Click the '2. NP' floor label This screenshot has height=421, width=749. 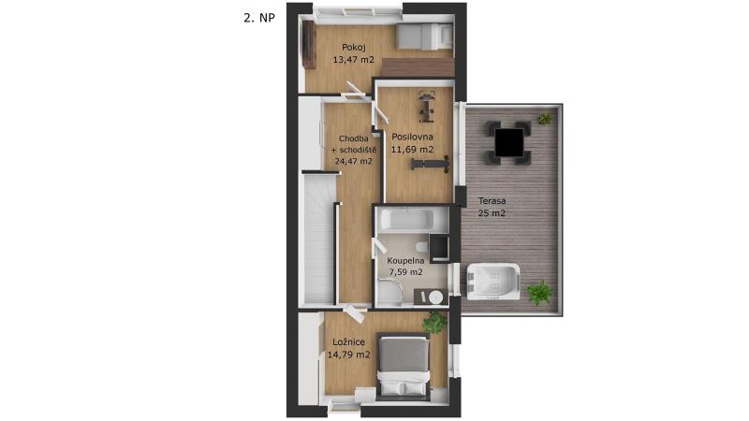[x=259, y=18]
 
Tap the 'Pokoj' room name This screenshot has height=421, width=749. [x=354, y=48]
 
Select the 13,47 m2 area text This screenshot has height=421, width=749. [x=354, y=60]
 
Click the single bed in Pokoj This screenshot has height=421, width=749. [x=425, y=36]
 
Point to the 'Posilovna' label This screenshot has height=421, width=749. [x=412, y=137]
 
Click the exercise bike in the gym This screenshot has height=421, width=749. [x=426, y=107]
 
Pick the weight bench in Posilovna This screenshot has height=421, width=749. [x=430, y=163]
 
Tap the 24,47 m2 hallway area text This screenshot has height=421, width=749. [x=354, y=161]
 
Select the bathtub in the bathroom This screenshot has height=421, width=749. [x=406, y=220]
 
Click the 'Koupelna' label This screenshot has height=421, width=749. [x=405, y=261]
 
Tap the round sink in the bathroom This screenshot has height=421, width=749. [x=435, y=298]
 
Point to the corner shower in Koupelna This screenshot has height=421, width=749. [x=388, y=293]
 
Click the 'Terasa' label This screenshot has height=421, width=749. [x=492, y=201]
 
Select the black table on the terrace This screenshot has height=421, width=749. [x=508, y=143]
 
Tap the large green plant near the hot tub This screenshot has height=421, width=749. [x=540, y=292]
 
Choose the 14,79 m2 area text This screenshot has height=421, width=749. [x=348, y=355]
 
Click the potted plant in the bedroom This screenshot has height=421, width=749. [x=434, y=323]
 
